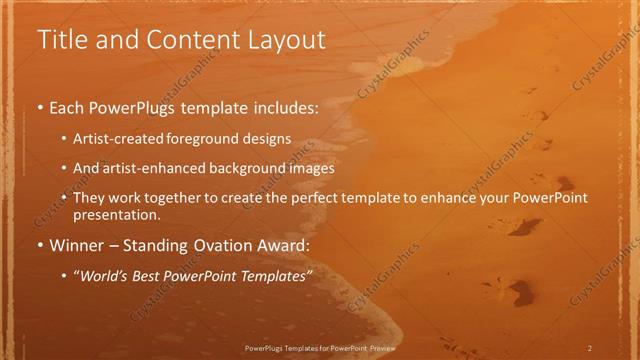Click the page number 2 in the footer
pyautogui.click(x=589, y=347)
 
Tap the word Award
pyautogui.click(x=282, y=245)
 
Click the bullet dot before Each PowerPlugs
pyautogui.click(x=39, y=107)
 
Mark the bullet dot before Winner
pyautogui.click(x=39, y=245)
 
